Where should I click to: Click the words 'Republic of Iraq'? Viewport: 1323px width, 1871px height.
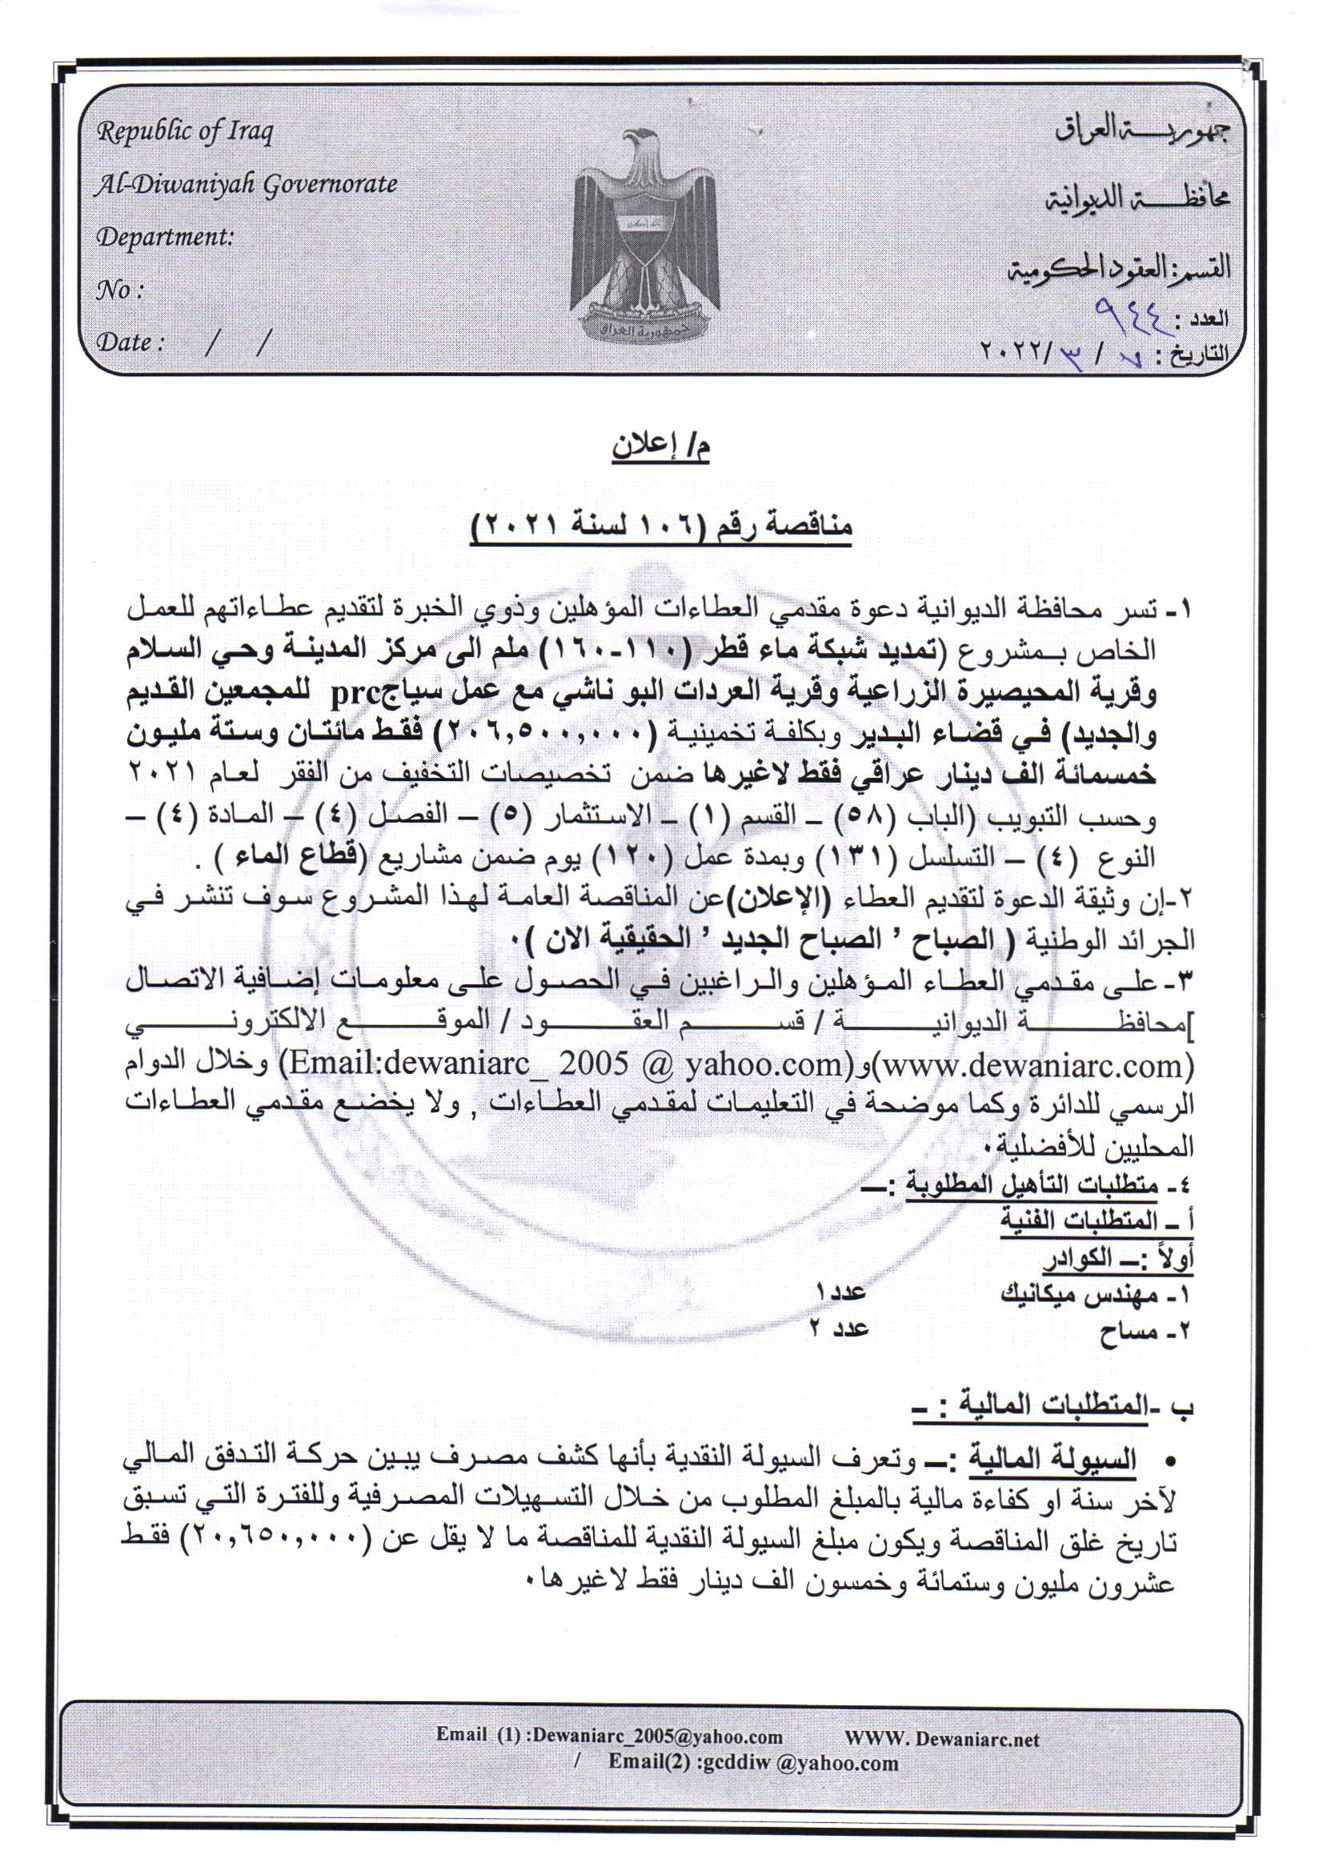(x=185, y=132)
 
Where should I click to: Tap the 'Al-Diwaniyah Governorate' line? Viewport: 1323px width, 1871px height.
(x=246, y=184)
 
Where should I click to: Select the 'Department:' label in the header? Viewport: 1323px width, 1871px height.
(x=166, y=237)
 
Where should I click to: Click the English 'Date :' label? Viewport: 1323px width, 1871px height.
(x=130, y=343)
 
